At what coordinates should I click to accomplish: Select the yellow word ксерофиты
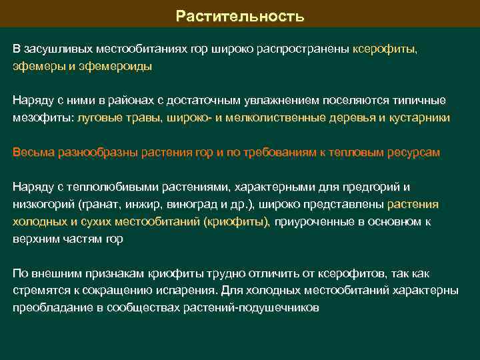point(385,49)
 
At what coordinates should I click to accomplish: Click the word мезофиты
point(43,117)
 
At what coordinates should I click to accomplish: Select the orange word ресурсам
point(417,152)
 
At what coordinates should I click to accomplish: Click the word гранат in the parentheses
point(119,204)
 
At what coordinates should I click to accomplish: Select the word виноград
point(207,204)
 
